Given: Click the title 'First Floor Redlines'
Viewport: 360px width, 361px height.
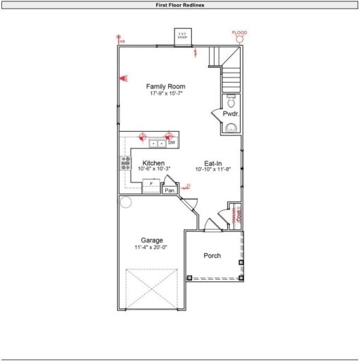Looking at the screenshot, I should [x=180, y=4].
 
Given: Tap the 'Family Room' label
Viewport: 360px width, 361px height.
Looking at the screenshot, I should [x=167, y=87].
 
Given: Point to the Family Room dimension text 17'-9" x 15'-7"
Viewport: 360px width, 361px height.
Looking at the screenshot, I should [x=167, y=93].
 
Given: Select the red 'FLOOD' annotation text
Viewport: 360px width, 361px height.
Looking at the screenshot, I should [x=240, y=32].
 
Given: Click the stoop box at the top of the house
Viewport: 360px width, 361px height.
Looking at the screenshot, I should [x=182, y=36].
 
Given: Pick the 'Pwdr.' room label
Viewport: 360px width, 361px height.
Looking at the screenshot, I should [x=231, y=114].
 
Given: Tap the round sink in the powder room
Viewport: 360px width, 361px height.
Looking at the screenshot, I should [x=231, y=128].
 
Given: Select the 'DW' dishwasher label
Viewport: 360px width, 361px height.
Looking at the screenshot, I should [x=172, y=142].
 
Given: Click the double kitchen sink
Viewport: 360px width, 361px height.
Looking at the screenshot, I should [x=157, y=143].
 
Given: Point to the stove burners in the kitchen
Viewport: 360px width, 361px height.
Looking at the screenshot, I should [x=126, y=164].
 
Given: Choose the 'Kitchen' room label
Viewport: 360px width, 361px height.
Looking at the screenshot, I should [x=153, y=163].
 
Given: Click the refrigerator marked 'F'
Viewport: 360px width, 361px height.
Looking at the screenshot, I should [x=151, y=185].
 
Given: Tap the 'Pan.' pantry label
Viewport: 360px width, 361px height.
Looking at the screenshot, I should [x=169, y=190].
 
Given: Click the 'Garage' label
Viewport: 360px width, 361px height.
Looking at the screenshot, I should [x=152, y=240].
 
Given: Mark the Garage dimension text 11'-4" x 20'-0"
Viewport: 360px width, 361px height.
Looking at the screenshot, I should [x=152, y=247].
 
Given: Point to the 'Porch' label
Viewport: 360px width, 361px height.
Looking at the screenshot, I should [x=212, y=255].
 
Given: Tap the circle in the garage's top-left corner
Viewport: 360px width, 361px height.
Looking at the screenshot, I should [x=125, y=202].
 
